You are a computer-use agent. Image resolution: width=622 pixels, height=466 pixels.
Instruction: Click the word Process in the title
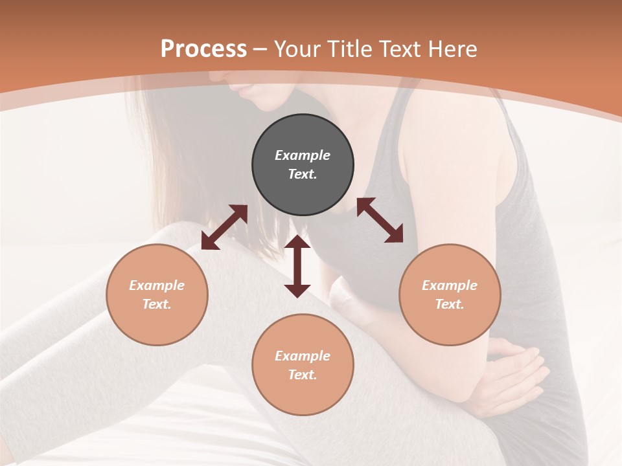[x=203, y=49]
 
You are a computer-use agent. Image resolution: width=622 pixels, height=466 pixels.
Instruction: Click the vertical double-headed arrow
[x=297, y=266]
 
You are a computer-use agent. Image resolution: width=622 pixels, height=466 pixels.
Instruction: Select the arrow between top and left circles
[x=224, y=227]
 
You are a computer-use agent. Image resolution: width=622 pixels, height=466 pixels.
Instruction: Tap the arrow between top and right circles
[x=380, y=220]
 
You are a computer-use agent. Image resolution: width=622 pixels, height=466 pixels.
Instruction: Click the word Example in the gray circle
[x=303, y=155]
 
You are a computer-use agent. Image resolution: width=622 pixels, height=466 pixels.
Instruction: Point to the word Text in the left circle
[x=157, y=304]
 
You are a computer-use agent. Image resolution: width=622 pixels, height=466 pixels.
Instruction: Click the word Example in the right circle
[x=450, y=285]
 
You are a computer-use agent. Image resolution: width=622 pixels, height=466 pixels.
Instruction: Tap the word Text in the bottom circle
[x=303, y=375]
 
